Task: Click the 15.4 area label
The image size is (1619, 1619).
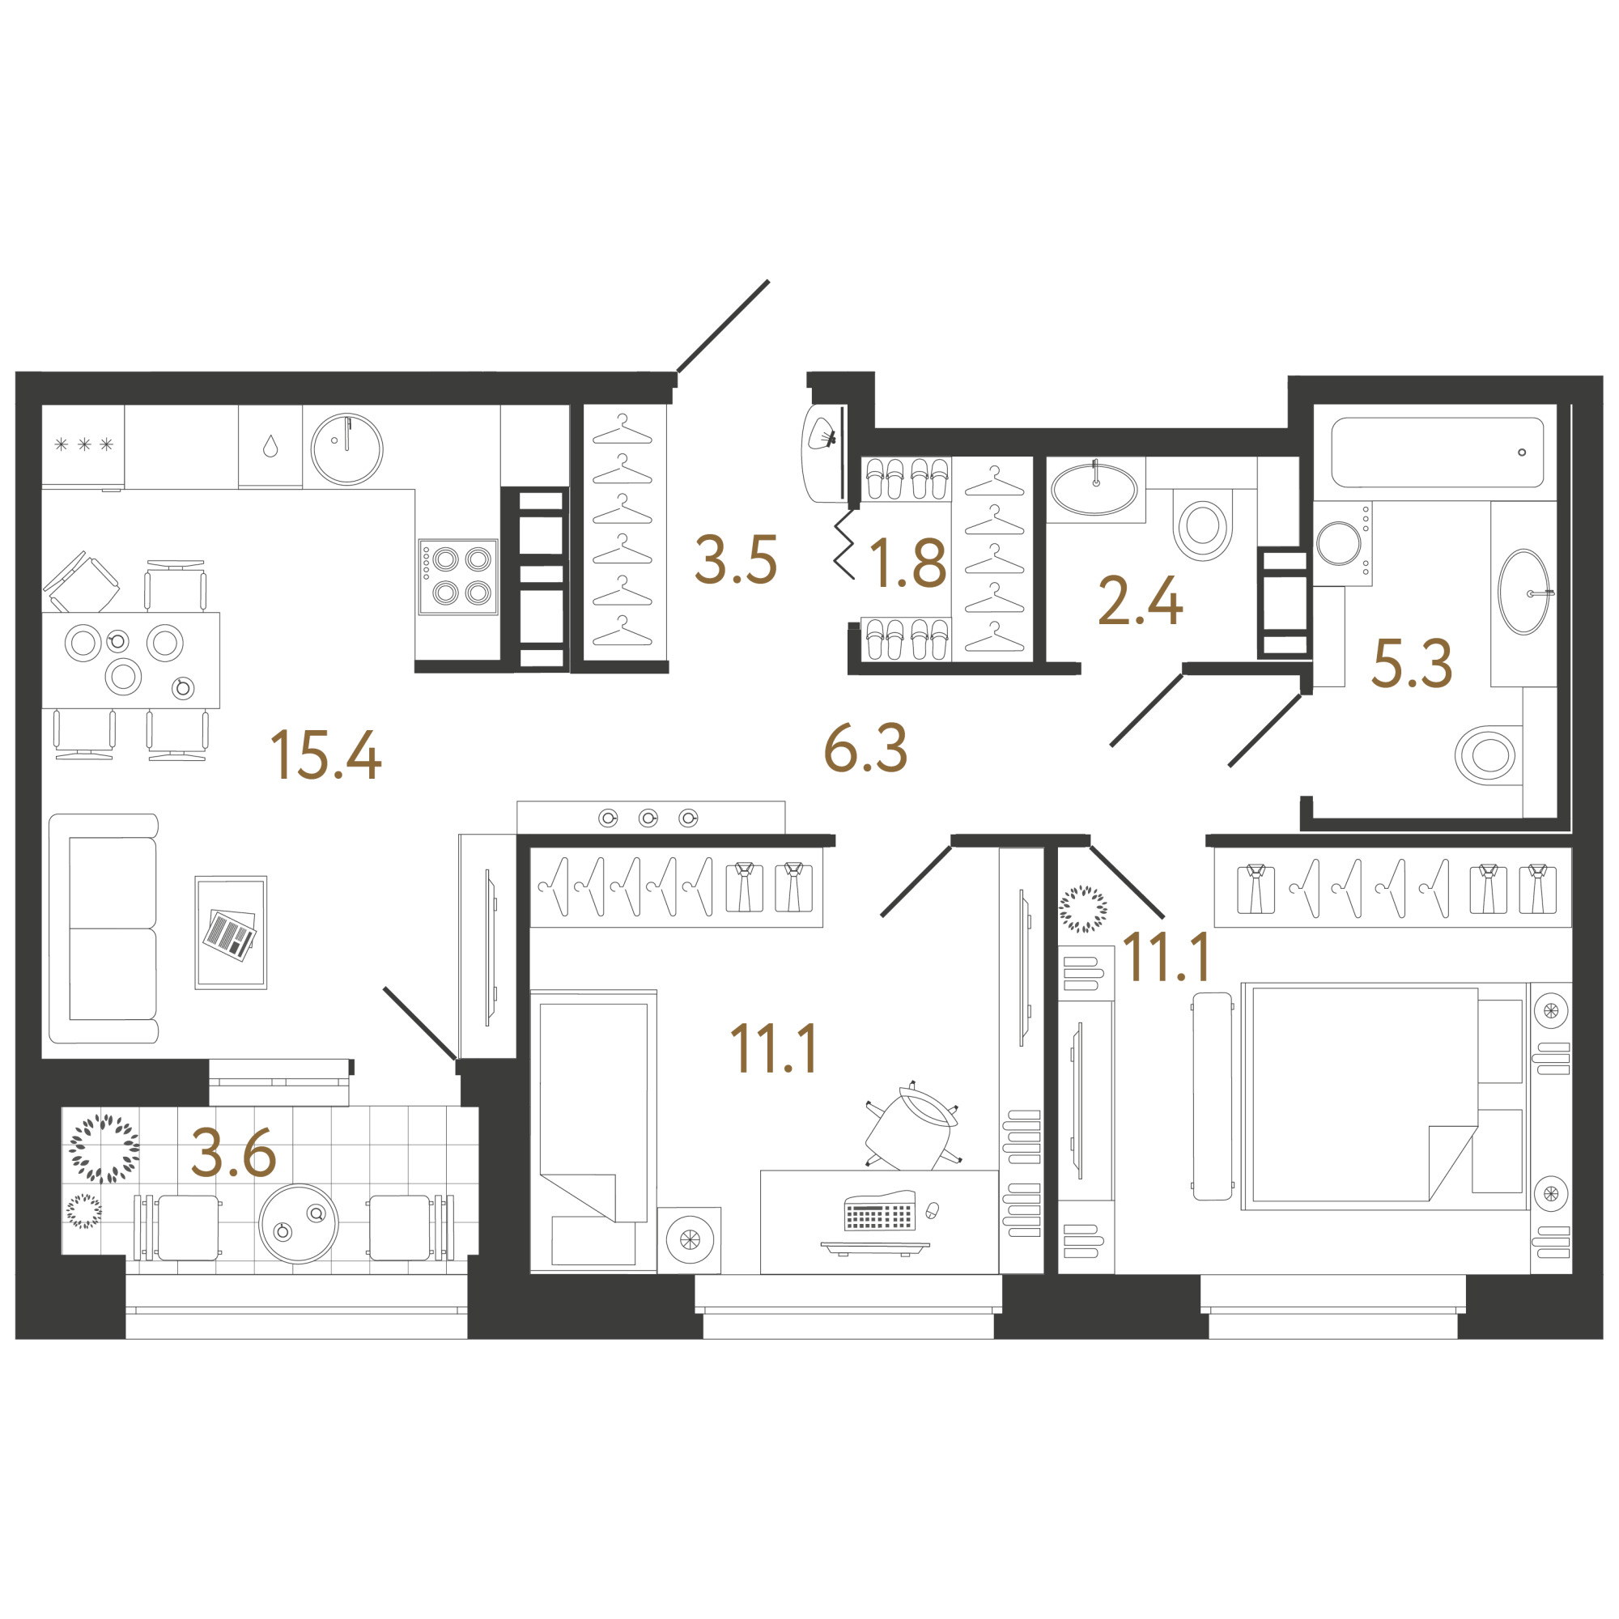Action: [x=326, y=755]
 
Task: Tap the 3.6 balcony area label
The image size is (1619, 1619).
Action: [x=234, y=1153]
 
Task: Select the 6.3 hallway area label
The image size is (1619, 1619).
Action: [x=865, y=747]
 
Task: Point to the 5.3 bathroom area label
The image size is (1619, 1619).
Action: [x=1412, y=664]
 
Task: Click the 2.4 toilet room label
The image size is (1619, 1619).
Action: [x=1141, y=601]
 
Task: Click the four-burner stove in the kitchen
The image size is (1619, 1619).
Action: [x=458, y=576]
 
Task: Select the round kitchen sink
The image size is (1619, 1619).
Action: [x=347, y=448]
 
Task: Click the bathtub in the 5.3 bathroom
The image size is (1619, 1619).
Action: [x=1437, y=452]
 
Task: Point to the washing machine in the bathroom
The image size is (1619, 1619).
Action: [x=1341, y=543]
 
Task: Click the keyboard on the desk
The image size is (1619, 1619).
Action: [x=879, y=1211]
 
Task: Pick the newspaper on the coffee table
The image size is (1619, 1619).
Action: [x=230, y=934]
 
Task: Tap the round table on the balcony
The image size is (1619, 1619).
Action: [x=300, y=1223]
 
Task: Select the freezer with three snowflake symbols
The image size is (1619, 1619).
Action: [x=83, y=446]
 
